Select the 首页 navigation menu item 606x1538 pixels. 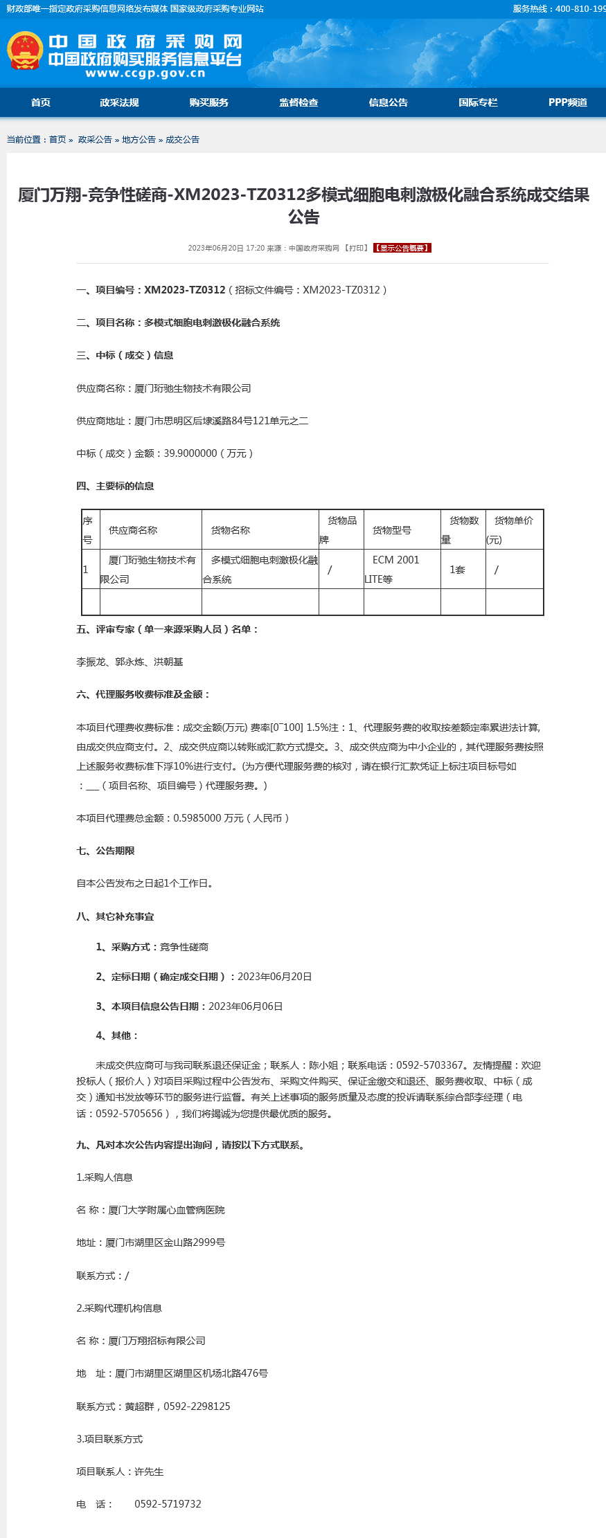[x=41, y=102]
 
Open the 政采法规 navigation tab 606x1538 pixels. [x=119, y=102]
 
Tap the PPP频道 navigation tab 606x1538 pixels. [x=567, y=102]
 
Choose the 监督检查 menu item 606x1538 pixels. [x=298, y=102]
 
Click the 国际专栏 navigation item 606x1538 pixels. [x=478, y=102]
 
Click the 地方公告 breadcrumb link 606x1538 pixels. [x=139, y=140]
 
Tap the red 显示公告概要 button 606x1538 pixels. [x=402, y=248]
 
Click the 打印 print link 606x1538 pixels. [x=357, y=248]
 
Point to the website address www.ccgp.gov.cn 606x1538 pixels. [x=145, y=73]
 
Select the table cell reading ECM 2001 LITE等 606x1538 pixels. [x=395, y=569]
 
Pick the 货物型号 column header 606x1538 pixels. [x=392, y=530]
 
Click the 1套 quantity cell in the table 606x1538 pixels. [x=457, y=570]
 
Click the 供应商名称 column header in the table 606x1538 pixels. [x=133, y=530]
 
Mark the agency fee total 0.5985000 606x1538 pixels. [x=197, y=818]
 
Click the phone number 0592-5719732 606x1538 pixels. [x=168, y=1504]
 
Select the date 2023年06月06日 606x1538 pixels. [x=245, y=1006]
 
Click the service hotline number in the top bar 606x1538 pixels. [x=580, y=9]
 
